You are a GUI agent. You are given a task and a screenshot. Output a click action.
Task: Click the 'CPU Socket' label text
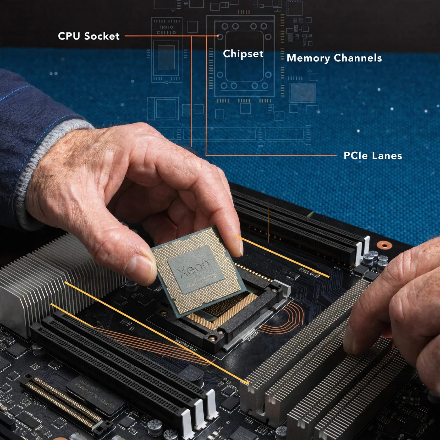89,36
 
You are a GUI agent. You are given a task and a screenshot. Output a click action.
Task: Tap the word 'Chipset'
243,54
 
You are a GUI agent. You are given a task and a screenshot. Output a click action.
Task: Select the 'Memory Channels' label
334,58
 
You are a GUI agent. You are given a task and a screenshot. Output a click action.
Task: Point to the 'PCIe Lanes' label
372,156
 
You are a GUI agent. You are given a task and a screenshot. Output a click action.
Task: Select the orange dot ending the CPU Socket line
218,36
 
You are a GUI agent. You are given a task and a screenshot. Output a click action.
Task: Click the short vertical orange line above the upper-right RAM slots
269,225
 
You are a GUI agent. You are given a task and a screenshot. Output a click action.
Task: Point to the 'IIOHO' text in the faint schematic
166,27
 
